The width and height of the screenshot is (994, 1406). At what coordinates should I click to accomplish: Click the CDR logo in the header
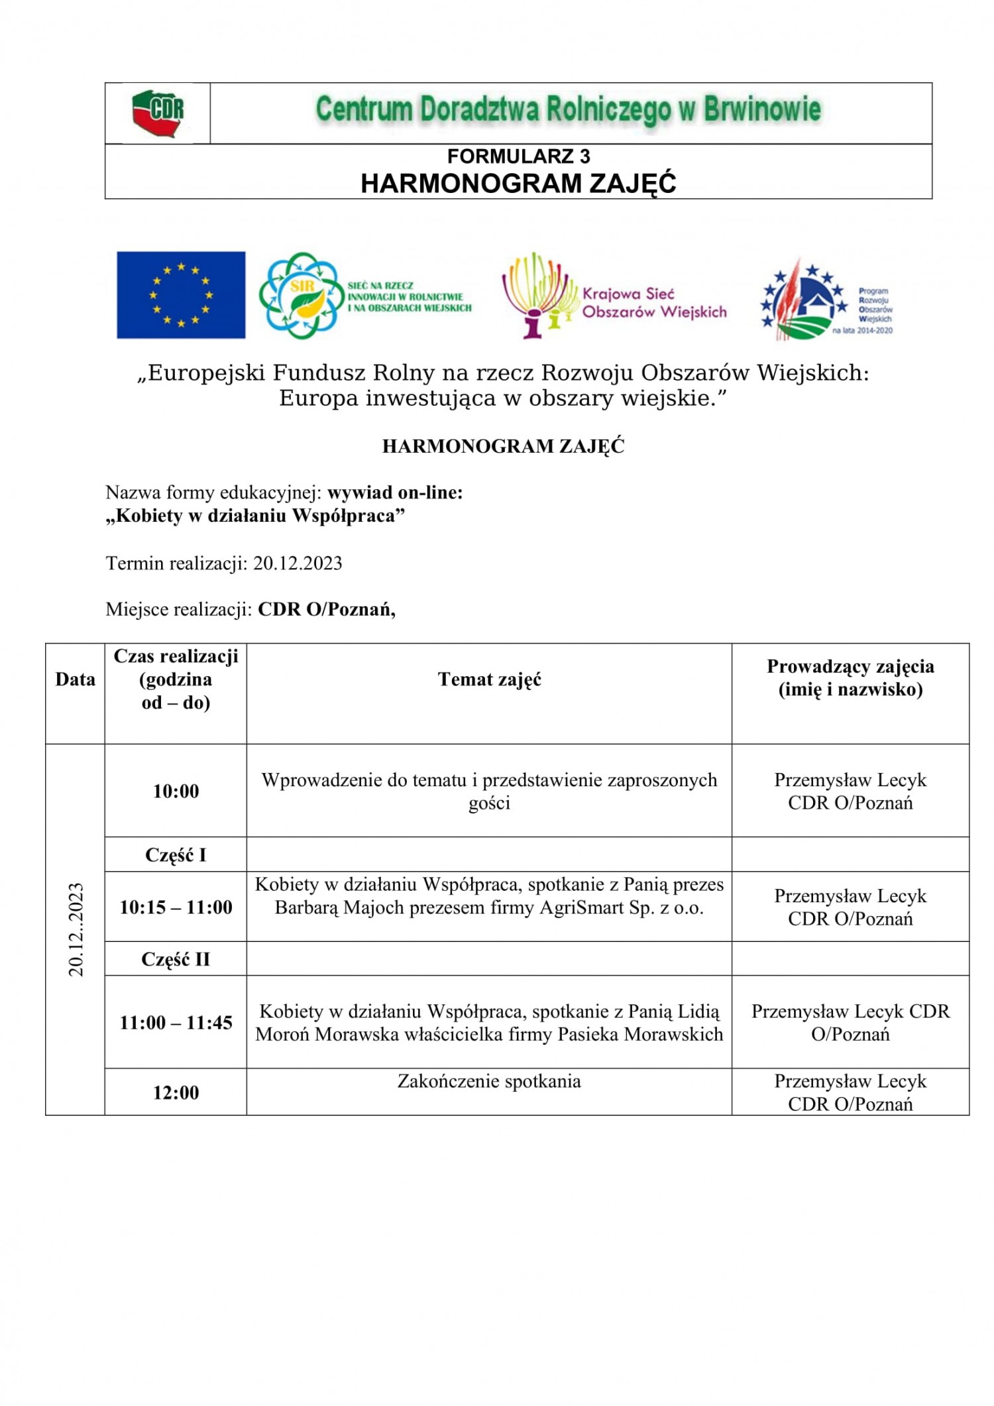click(158, 113)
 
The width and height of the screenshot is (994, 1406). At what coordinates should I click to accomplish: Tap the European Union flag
click(181, 295)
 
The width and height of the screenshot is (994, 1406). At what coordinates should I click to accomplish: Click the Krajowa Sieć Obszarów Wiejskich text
click(654, 303)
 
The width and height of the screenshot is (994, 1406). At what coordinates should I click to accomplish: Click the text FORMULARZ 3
click(518, 156)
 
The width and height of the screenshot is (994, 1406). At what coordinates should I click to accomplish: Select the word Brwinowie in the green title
click(761, 109)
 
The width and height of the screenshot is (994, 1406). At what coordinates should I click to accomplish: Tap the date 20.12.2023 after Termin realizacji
click(298, 563)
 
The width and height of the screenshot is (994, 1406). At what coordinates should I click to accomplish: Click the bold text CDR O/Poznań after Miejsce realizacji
click(327, 609)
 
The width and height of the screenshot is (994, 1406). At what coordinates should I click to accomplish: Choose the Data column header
click(75, 679)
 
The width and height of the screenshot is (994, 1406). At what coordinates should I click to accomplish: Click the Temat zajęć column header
click(489, 679)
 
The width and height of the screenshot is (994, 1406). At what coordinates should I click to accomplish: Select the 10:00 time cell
click(176, 791)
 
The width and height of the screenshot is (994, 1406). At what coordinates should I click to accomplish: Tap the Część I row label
click(176, 855)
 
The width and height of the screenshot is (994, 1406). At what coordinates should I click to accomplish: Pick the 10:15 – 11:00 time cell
click(176, 908)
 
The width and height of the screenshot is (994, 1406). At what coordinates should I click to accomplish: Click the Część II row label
click(176, 959)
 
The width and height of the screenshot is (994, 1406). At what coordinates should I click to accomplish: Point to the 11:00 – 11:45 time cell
click(176, 1023)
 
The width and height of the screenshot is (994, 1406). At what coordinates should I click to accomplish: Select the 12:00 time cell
click(176, 1093)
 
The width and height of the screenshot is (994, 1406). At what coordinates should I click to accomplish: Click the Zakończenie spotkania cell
click(489, 1082)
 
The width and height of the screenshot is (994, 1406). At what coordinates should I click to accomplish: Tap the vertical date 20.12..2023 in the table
click(76, 929)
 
